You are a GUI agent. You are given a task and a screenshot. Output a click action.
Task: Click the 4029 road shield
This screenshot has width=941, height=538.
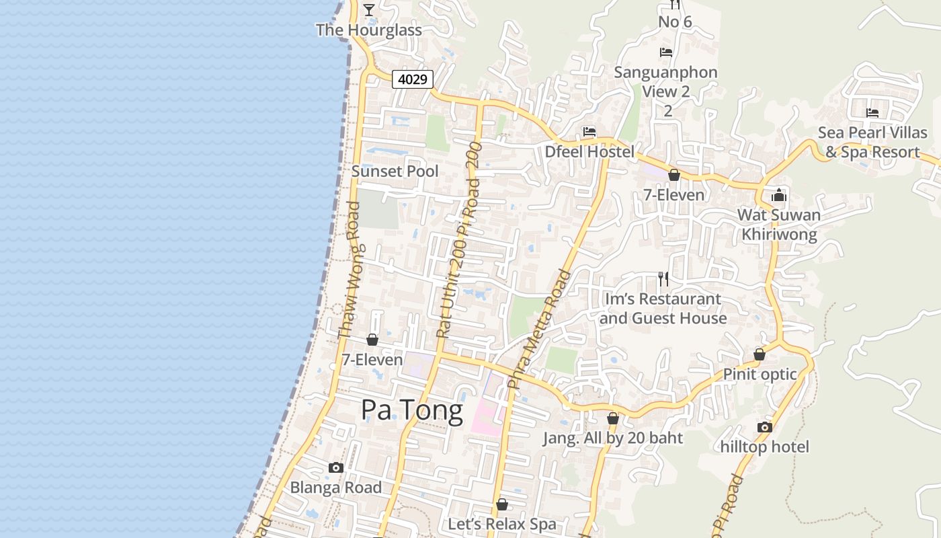click(413, 79)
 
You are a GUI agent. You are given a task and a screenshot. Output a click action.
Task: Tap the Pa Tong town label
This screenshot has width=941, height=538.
click(411, 410)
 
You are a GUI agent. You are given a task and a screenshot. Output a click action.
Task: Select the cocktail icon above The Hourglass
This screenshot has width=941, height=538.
click(369, 9)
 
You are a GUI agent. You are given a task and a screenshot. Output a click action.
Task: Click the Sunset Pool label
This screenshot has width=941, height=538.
click(395, 171)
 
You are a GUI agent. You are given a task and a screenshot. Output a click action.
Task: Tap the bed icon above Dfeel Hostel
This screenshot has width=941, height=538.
click(589, 132)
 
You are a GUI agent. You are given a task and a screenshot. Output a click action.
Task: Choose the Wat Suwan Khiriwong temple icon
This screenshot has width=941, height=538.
click(779, 196)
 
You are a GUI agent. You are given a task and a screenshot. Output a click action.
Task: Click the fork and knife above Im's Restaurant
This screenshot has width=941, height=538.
click(663, 279)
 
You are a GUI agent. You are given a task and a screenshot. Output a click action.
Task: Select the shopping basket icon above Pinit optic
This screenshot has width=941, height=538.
click(760, 354)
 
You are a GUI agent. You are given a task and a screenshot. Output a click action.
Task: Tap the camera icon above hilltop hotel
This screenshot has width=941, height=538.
click(764, 428)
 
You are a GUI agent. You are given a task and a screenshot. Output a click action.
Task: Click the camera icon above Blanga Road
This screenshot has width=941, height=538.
click(336, 468)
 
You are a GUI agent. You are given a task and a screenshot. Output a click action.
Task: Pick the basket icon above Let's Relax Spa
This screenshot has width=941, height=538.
click(502, 504)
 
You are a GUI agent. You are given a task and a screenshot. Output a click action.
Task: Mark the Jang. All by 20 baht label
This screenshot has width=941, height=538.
click(612, 438)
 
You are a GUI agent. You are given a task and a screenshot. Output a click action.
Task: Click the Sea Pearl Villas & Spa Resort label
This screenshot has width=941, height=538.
click(872, 143)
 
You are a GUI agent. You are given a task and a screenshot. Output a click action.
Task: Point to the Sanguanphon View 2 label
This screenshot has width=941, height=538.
click(666, 81)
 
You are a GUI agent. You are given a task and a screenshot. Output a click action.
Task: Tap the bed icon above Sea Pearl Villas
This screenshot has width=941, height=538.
click(872, 112)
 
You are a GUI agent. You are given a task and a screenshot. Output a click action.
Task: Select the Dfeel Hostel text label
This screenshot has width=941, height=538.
click(589, 152)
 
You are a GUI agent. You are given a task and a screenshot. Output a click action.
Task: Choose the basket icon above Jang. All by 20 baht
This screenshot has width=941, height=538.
click(612, 419)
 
